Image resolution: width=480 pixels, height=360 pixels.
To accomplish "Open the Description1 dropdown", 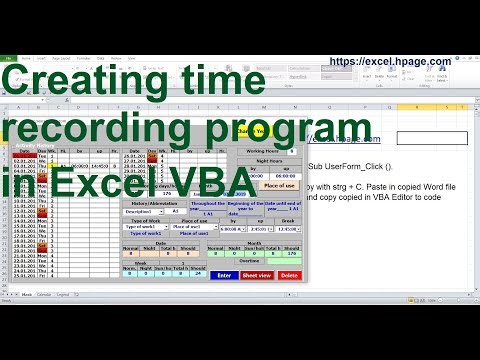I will [142, 212].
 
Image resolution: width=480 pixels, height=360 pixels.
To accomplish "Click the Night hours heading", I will [270, 160].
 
